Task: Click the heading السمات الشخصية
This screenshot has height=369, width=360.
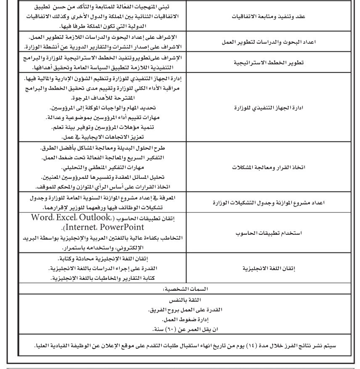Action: coord(180,290)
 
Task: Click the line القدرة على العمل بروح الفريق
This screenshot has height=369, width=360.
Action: coord(180,309)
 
